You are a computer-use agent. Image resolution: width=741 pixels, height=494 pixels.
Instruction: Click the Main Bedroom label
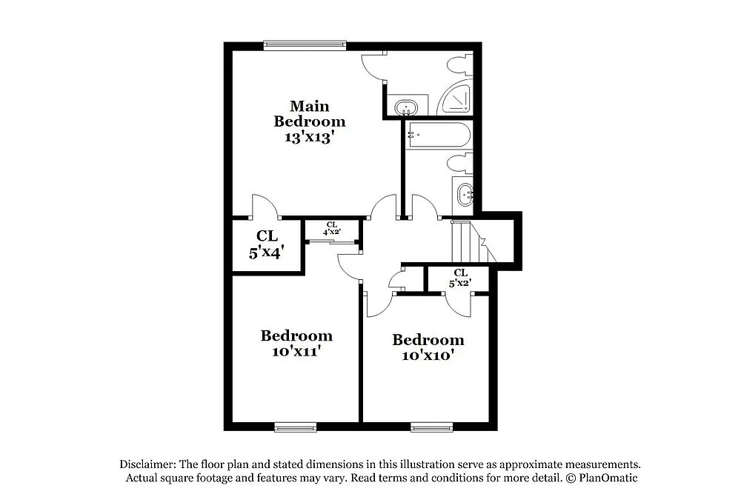[309, 113]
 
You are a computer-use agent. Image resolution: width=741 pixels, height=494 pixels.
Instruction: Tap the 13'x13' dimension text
[309, 137]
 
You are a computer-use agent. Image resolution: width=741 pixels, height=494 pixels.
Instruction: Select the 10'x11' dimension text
[296, 352]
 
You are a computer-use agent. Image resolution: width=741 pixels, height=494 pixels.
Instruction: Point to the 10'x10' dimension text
[428, 356]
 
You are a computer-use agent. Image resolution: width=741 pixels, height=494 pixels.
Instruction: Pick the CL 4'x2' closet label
[331, 228]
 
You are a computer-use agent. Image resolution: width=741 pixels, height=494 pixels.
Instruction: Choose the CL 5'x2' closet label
[460, 278]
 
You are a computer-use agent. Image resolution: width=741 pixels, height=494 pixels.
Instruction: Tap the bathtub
[438, 136]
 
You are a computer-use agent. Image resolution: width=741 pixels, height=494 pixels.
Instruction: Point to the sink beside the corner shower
[405, 107]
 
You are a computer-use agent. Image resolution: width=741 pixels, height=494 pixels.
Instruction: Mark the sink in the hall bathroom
[465, 196]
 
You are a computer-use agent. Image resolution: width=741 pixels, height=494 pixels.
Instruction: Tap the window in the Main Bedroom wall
[305, 46]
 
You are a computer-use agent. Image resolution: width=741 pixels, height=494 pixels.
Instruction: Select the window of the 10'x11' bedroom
[294, 427]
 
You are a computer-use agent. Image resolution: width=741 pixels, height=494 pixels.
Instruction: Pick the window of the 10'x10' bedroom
[431, 427]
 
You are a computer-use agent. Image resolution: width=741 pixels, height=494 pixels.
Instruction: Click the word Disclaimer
[147, 464]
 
